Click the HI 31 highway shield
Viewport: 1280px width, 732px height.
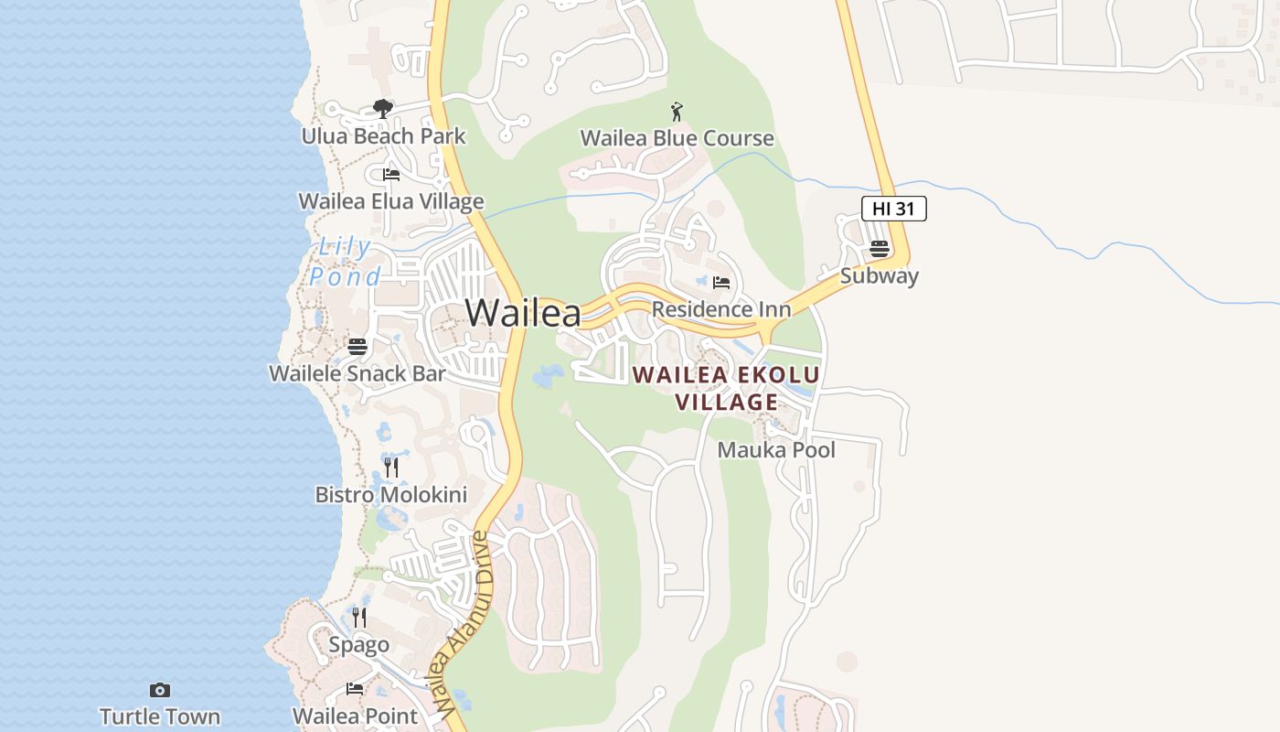[893, 209]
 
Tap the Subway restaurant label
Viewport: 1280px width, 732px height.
[879, 275]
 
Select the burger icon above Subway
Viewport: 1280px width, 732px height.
[879, 248]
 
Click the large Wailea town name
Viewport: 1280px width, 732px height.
[523, 313]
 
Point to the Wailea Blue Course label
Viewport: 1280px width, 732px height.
[677, 138]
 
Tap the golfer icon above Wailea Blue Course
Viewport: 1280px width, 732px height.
[677, 112]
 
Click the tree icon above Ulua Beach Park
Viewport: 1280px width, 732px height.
[383, 110]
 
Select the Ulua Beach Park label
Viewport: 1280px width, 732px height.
[383, 136]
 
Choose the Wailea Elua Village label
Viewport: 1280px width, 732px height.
[391, 201]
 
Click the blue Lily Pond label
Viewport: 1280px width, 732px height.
[344, 262]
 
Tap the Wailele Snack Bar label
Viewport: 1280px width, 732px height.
[357, 373]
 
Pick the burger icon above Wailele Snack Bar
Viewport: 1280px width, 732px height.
[357, 347]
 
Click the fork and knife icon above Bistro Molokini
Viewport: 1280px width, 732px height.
[391, 468]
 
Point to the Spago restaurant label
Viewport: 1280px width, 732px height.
[358, 645]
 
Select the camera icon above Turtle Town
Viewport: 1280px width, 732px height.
[160, 690]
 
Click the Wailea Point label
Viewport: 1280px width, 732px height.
[355, 716]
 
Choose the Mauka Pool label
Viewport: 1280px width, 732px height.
[776, 450]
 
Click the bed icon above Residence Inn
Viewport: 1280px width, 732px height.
[721, 283]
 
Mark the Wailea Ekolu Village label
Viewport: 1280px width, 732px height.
[727, 388]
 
